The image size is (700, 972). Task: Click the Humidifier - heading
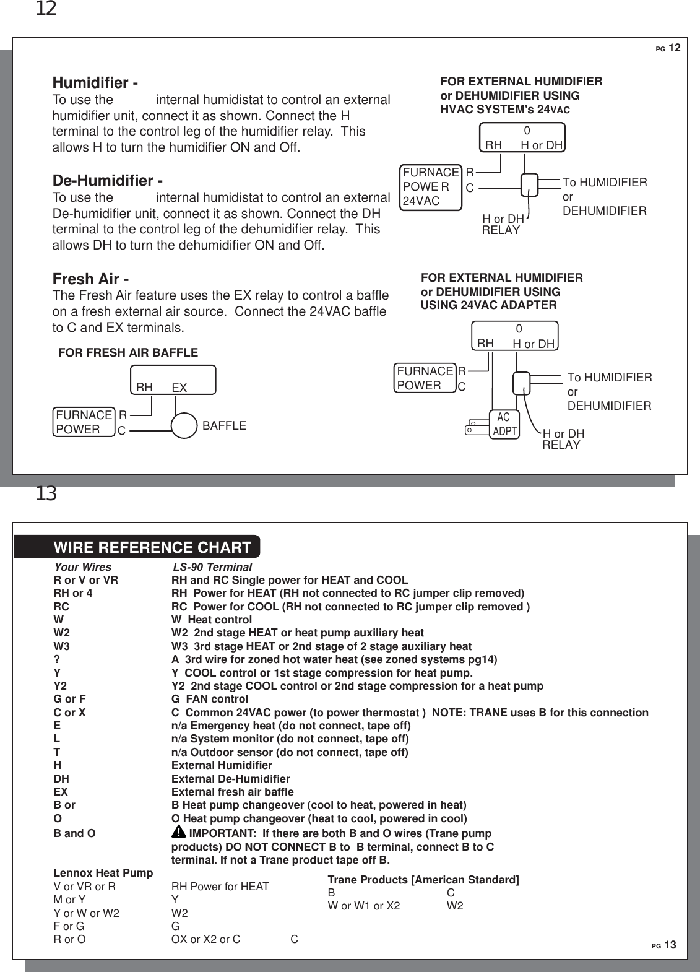[95, 82]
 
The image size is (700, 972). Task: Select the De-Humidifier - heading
[108, 181]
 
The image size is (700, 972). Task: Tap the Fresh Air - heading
[90, 279]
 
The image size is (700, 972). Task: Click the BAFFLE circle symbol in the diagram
[184, 425]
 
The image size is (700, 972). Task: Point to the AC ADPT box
[504, 425]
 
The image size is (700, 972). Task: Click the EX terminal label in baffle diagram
[179, 388]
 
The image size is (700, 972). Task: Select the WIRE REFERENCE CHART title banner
[152, 547]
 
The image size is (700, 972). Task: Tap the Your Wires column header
[83, 567]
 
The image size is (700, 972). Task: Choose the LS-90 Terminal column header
[212, 567]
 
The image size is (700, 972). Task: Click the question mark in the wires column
[57, 659]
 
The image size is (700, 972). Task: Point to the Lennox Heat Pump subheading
[103, 873]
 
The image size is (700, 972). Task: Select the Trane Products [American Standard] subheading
[423, 880]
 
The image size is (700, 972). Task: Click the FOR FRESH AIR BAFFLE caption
[128, 353]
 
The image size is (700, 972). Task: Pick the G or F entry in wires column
[70, 699]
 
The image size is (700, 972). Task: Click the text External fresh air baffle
[233, 792]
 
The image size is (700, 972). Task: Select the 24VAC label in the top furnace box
[421, 201]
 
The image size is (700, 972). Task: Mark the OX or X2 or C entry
[206, 939]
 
